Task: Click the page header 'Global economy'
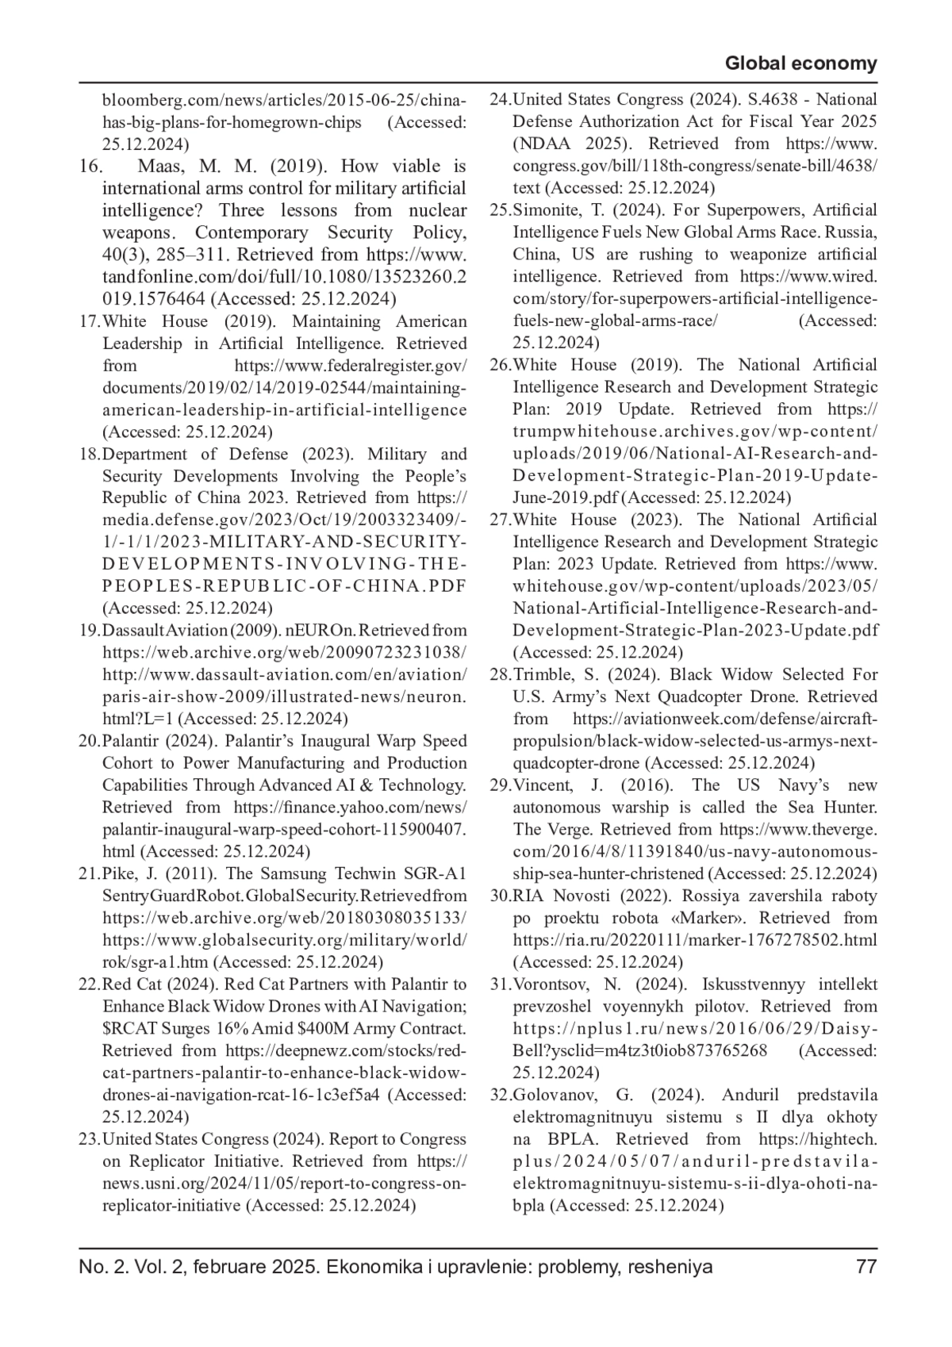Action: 801,63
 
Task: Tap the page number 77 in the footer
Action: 866,1266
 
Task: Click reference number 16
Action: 90,167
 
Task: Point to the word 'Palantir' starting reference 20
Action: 131,741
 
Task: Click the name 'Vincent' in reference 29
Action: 542,785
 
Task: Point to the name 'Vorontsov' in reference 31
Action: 548,984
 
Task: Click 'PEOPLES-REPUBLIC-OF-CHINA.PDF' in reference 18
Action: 284,586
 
